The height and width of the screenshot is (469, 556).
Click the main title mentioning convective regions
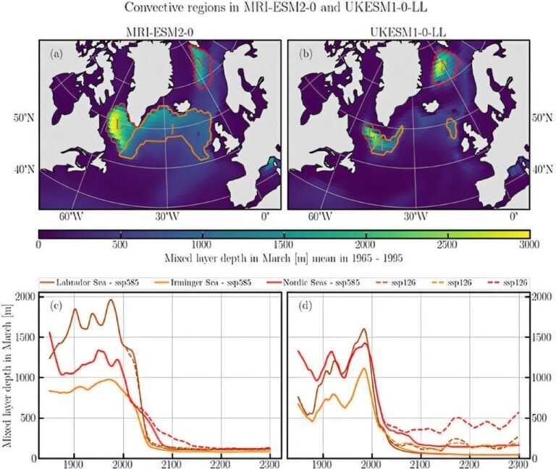[278, 9]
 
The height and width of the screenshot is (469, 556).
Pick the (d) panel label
[305, 305]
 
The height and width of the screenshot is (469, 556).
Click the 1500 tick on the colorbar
[283, 245]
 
